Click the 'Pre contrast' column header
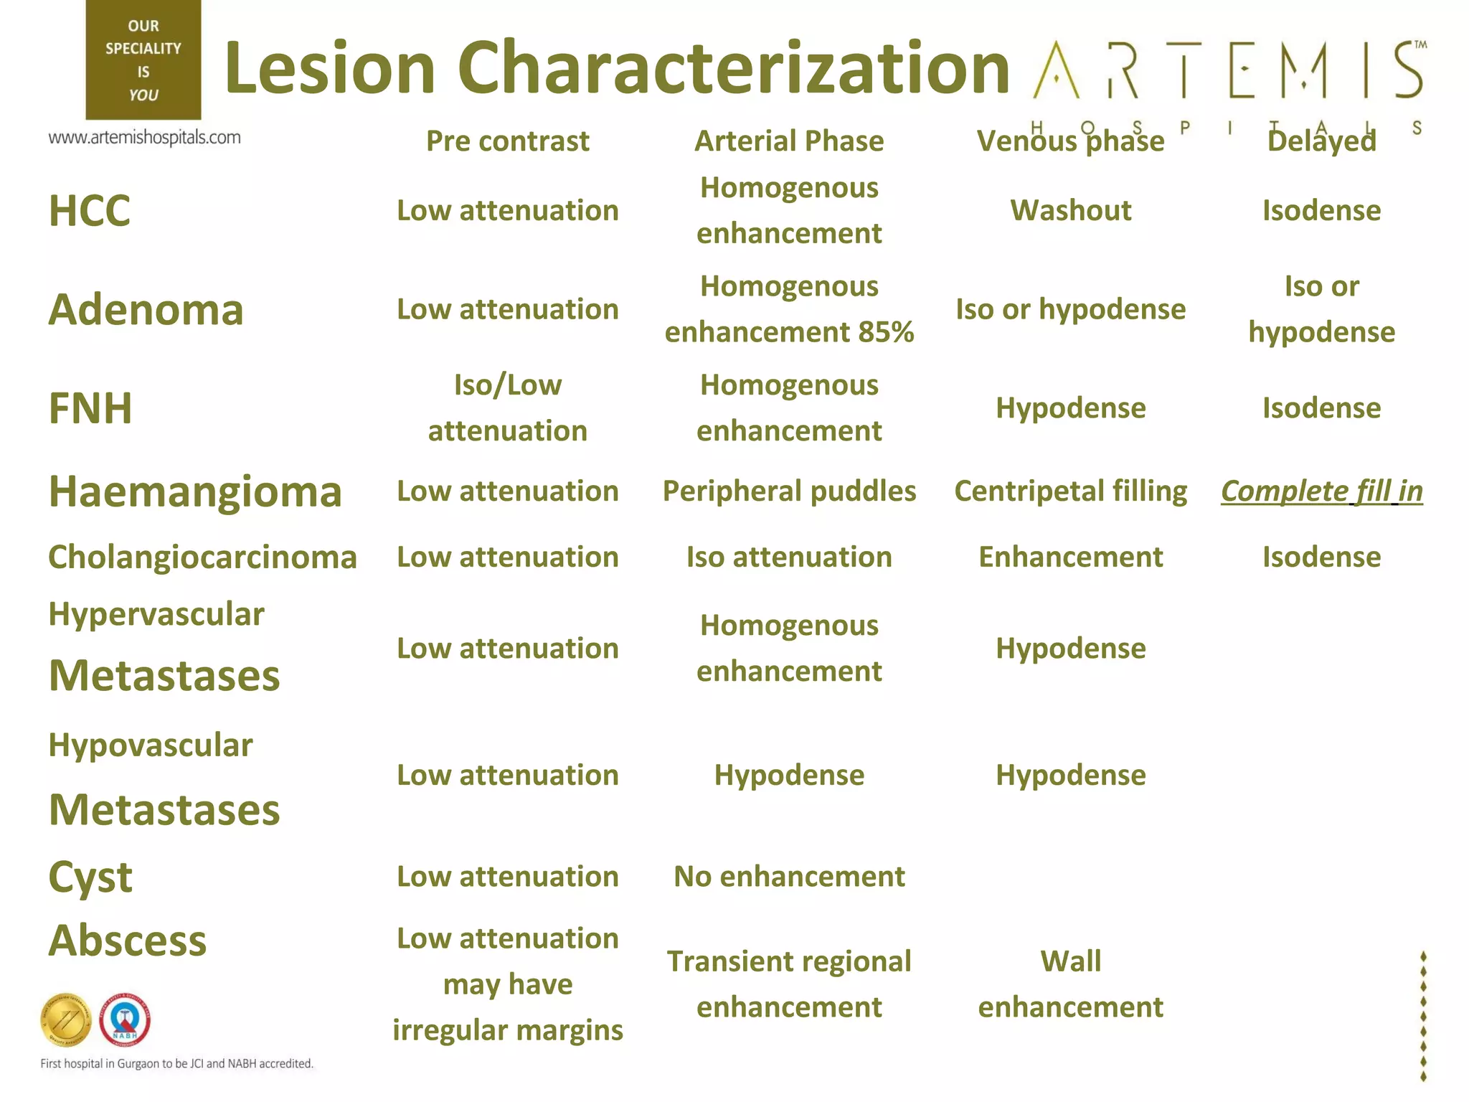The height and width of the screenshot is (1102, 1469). pos(507,141)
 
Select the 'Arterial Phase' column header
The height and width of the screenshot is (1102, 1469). pos(789,141)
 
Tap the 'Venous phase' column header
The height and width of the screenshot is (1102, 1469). pos(1070,141)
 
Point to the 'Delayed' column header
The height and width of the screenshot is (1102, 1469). pos(1321,141)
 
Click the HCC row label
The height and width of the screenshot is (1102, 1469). pos(90,211)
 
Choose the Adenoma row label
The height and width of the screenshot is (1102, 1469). pos(146,310)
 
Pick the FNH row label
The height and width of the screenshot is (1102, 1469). pos(90,408)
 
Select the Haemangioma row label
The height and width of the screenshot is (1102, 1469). pos(195,492)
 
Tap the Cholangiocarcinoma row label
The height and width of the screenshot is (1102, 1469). pos(202,557)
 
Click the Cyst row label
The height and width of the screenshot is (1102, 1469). pos(90,877)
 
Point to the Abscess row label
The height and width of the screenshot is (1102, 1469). pos(128,941)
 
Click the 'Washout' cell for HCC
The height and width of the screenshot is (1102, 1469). pos(1070,210)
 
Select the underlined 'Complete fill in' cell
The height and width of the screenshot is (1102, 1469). pos(1321,491)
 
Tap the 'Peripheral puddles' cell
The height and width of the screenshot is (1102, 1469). pos(789,491)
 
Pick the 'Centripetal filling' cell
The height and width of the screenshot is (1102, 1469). pos(1070,491)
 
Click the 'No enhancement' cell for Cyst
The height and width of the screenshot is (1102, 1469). pos(789,877)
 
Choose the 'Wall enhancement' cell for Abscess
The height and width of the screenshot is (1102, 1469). pos(1070,984)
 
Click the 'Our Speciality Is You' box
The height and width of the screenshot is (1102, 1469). pos(143,60)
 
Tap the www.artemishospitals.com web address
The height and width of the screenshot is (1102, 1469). pos(144,137)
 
